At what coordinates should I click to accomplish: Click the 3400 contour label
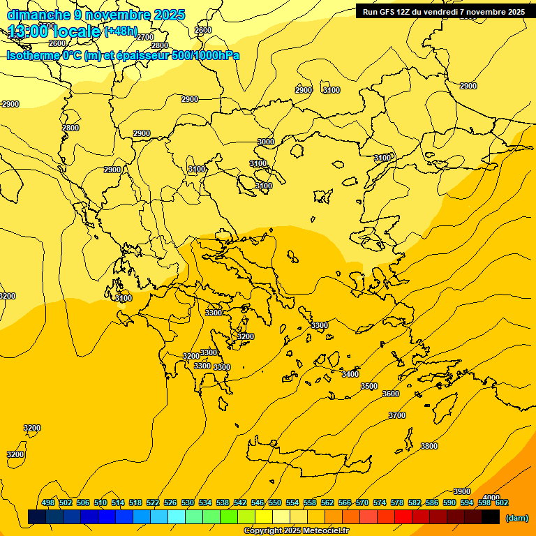pos(350,374)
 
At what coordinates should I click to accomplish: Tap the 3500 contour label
pos(368,386)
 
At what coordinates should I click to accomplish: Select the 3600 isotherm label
pos(391,394)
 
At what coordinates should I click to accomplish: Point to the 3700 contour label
pos(396,415)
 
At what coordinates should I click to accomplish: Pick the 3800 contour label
pos(429,446)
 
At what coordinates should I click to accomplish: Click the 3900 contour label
pos(462,491)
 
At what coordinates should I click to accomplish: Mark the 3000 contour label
pos(266,142)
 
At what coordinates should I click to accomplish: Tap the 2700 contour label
pos(145,37)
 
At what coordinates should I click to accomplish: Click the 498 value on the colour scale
pos(48,502)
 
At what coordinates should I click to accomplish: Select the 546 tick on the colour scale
pos(258,502)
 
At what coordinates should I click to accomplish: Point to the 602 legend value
pos(502,502)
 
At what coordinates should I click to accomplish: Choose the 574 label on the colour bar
pos(380,502)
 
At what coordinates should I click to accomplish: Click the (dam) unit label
pos(516,518)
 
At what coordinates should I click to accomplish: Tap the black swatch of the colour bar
pos(491,517)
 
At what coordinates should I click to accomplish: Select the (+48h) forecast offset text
pos(121,31)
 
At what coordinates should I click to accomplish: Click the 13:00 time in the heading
pos(27,31)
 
